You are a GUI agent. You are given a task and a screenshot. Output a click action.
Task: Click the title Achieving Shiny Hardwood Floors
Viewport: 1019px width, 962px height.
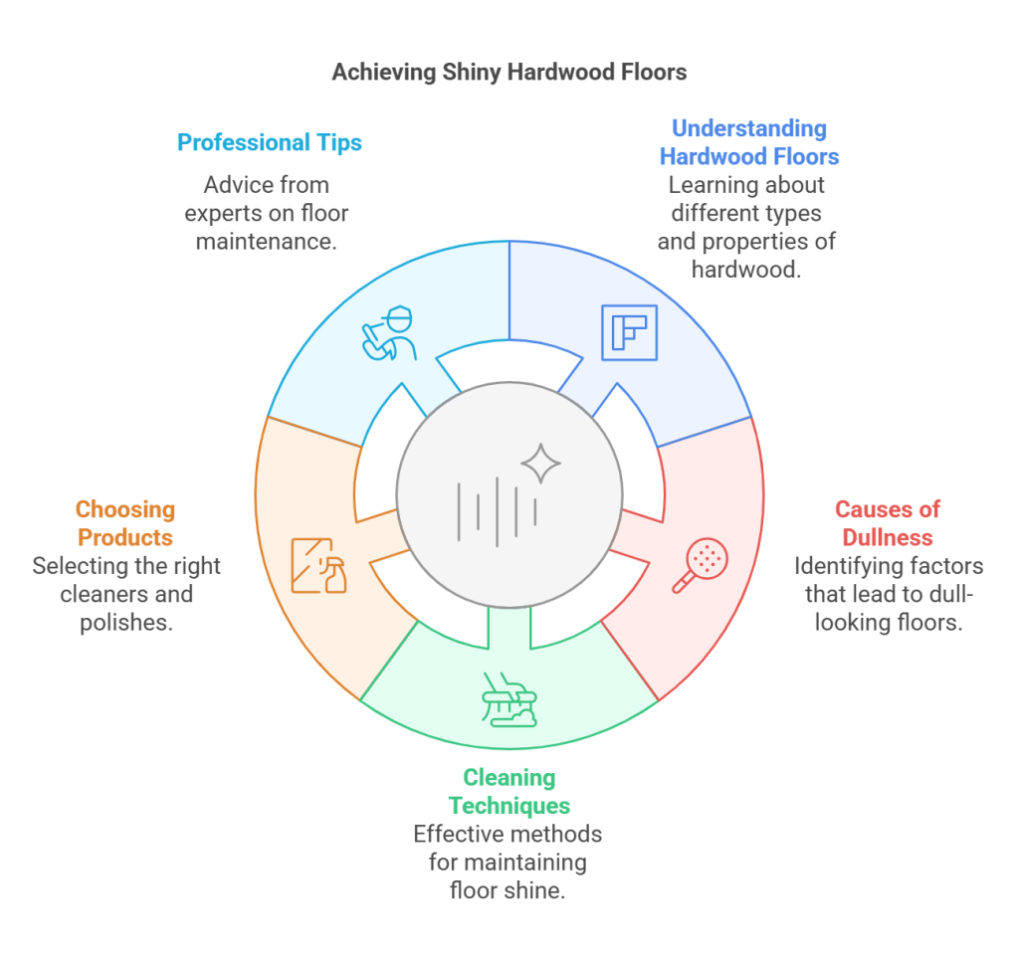(x=509, y=73)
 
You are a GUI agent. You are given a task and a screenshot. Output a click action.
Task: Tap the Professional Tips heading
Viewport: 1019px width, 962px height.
(x=270, y=142)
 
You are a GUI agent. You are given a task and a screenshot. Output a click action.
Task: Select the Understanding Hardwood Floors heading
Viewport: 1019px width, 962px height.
(x=749, y=142)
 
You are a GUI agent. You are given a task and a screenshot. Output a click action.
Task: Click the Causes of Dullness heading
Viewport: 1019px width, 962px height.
(x=887, y=523)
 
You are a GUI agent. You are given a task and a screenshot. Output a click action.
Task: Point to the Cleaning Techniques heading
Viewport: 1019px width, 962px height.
(x=509, y=791)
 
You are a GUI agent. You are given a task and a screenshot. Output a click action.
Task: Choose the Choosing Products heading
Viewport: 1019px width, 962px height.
(x=125, y=523)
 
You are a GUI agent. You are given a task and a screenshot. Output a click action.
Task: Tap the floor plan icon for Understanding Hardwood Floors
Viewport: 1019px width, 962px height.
(x=629, y=332)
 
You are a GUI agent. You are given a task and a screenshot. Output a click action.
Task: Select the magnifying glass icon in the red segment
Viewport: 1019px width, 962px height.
(x=701, y=566)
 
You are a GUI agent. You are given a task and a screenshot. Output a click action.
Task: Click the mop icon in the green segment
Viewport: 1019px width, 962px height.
(x=509, y=699)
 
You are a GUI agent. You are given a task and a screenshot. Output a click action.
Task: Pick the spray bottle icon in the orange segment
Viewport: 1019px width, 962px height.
(x=319, y=566)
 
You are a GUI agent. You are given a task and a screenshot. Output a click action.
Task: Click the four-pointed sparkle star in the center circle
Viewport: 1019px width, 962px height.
(x=541, y=464)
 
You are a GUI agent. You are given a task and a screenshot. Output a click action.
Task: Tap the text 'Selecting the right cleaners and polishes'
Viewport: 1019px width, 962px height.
(x=125, y=595)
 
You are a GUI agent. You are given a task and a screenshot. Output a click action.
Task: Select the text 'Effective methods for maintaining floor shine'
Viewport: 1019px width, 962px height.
(x=509, y=862)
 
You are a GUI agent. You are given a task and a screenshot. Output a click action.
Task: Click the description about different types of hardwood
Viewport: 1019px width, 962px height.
(x=746, y=227)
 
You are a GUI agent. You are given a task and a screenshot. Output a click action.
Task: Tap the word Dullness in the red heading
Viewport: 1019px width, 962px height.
(x=887, y=537)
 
